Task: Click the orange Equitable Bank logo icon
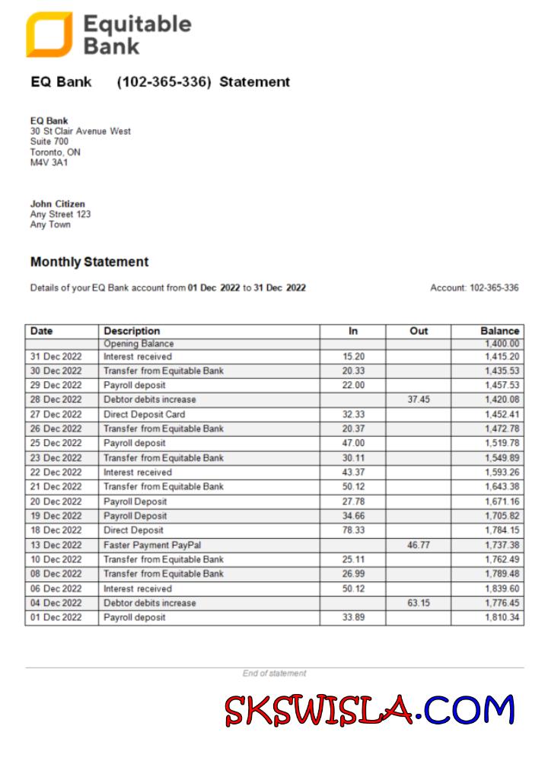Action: (49, 34)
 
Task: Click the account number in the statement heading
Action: (164, 82)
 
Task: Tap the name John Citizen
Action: (58, 204)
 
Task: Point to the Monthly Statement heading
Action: (89, 262)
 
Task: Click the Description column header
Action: (132, 331)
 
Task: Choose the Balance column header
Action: (499, 331)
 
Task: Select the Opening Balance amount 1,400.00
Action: (502, 344)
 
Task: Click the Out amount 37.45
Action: (419, 400)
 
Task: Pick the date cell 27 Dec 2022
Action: (56, 415)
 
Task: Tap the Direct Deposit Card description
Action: (144, 415)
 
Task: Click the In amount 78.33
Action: (353, 530)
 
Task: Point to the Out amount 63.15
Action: (419, 603)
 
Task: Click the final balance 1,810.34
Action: (502, 617)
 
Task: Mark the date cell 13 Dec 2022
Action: (56, 545)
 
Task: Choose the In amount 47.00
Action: (353, 443)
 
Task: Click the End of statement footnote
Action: (274, 673)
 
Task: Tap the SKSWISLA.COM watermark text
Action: (369, 711)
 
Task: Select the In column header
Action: (353, 331)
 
